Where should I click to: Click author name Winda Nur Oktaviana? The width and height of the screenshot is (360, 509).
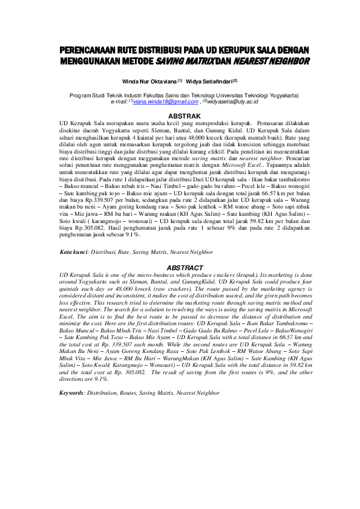tap(148, 80)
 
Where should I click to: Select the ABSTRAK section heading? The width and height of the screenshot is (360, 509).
tap(183, 114)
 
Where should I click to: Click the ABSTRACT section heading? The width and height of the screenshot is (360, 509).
tap(183, 266)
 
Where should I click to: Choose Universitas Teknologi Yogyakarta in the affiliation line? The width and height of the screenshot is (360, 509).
tap(253, 96)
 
